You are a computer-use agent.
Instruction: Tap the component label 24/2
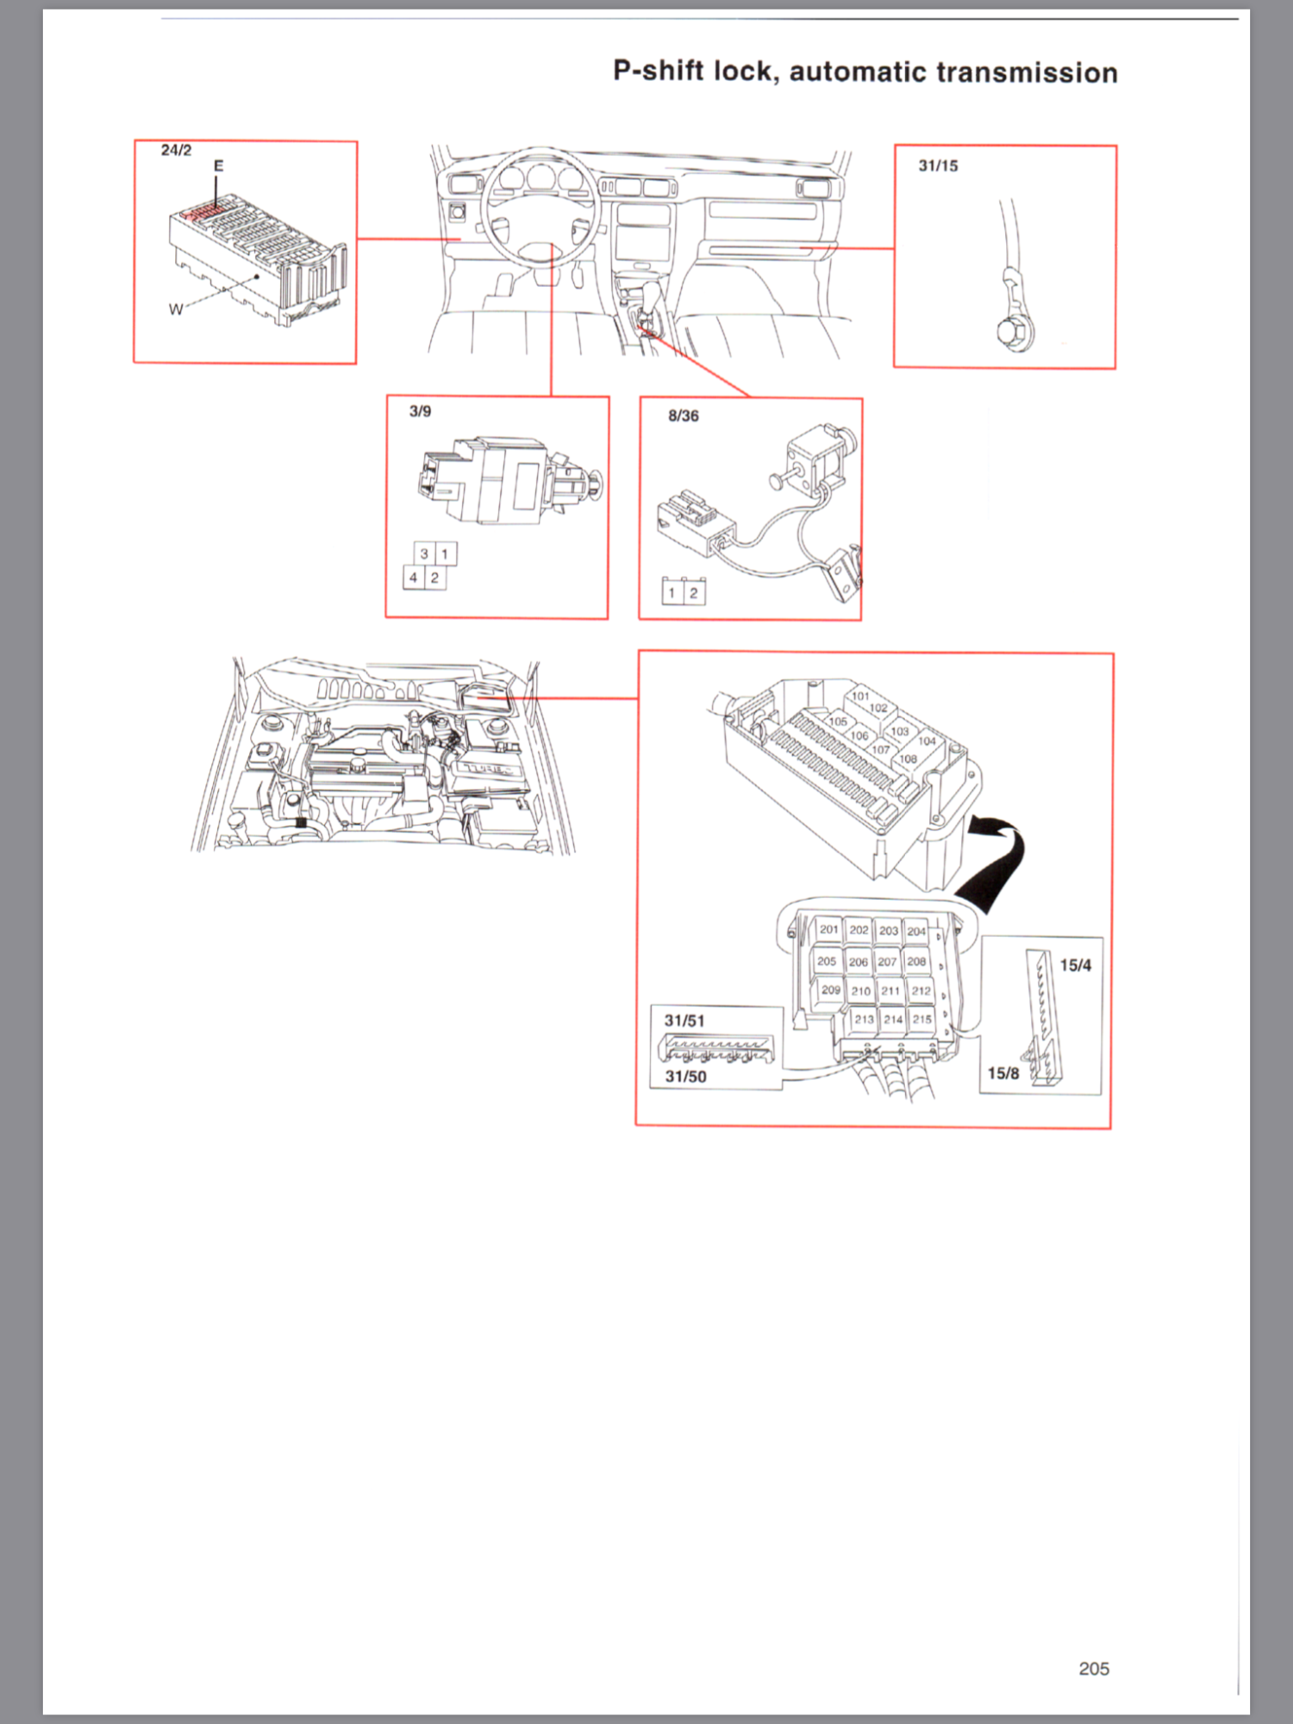tap(176, 150)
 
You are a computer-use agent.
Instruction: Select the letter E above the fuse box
tap(218, 166)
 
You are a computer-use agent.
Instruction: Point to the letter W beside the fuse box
tap(176, 309)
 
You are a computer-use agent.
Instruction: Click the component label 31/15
tap(938, 166)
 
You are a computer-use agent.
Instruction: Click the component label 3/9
tap(420, 411)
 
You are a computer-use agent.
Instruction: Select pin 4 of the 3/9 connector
tap(414, 578)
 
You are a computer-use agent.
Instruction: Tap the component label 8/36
tap(683, 415)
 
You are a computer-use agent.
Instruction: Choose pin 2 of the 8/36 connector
tap(694, 593)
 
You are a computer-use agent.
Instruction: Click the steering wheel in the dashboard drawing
tap(539, 207)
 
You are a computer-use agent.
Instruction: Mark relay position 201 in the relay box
tap(828, 929)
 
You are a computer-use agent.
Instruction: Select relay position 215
tap(921, 1019)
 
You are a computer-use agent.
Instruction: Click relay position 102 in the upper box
tap(878, 708)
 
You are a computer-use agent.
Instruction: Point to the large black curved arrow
tap(1000, 862)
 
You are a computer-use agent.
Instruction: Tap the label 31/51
tap(684, 1021)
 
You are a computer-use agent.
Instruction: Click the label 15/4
tap(1075, 965)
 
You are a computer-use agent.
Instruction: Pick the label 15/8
tap(1003, 1073)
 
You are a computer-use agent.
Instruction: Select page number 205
tap(1093, 1669)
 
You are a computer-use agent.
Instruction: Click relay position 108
tap(908, 759)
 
